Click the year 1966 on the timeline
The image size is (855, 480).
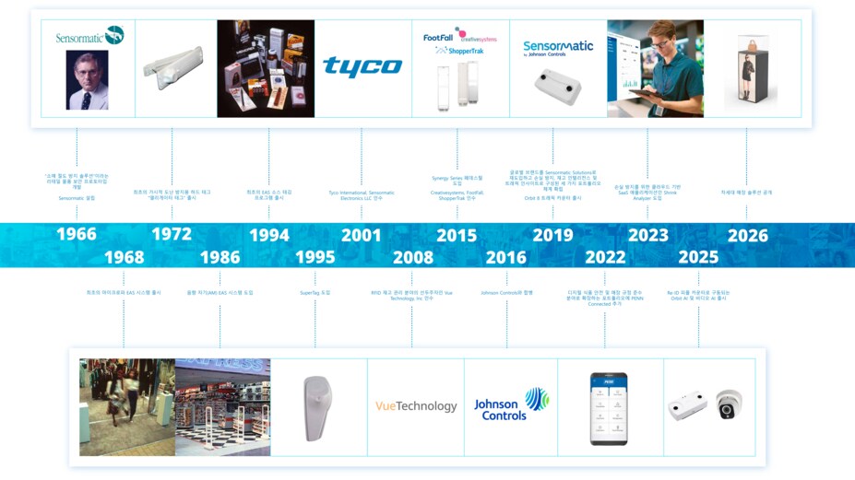(x=77, y=235)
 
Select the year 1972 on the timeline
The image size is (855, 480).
(x=172, y=235)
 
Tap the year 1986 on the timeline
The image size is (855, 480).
(x=219, y=257)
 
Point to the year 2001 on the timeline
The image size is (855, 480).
(x=362, y=235)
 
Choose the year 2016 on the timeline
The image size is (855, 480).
(x=506, y=257)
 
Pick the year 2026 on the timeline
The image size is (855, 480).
(x=747, y=235)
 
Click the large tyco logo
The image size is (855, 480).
(x=362, y=66)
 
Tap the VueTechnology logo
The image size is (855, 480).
(x=416, y=406)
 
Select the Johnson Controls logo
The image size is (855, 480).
(x=510, y=404)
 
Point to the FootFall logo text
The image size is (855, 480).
(x=437, y=38)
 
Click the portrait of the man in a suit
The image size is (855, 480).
(x=87, y=80)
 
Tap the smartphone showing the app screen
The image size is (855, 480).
(x=609, y=408)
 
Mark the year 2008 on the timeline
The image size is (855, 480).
(x=412, y=257)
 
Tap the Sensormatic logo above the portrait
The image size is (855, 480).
(x=89, y=36)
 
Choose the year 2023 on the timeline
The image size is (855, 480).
(x=648, y=235)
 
